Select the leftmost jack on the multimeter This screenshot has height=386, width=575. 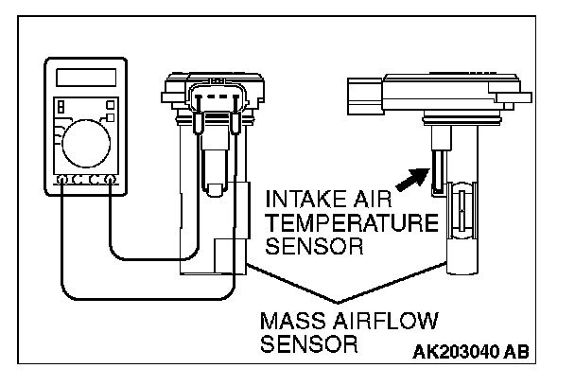(61, 179)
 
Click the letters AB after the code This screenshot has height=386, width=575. (515, 352)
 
